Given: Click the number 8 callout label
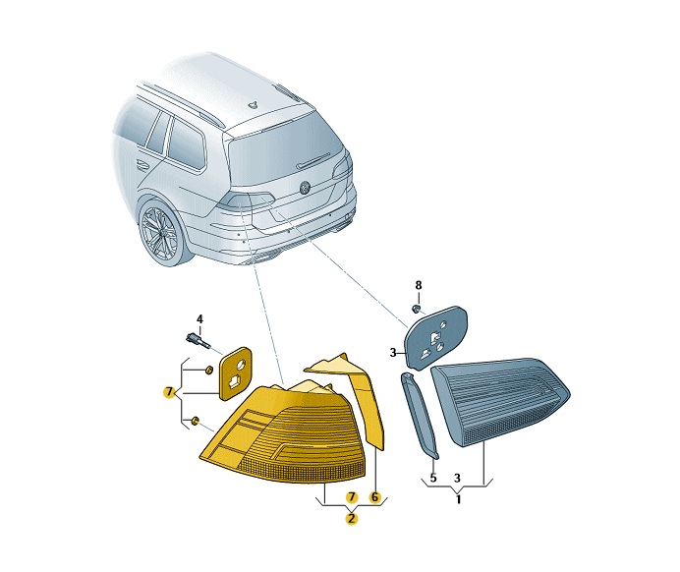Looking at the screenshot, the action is tap(418, 285).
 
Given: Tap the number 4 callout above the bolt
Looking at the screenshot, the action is tap(199, 319).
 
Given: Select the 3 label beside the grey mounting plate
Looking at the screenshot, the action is tap(393, 353).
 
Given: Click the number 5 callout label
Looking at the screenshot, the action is tap(433, 478).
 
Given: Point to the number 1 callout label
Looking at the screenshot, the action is tap(459, 499).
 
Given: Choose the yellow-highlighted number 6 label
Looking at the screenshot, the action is tap(374, 497).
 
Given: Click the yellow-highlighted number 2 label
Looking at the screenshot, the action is tap(351, 518).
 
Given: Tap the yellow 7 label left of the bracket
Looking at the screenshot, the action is tap(169, 392).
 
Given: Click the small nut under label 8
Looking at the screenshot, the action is tap(416, 309).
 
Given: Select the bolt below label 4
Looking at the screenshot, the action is tap(198, 340).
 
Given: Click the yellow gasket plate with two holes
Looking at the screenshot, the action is tap(236, 373).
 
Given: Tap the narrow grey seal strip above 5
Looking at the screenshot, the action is tap(420, 415).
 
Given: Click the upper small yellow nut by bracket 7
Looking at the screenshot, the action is tap(208, 370).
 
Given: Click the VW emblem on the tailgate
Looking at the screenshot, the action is tap(306, 187).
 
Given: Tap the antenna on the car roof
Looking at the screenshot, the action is tap(253, 104).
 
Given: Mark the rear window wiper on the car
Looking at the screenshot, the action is tap(313, 160).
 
